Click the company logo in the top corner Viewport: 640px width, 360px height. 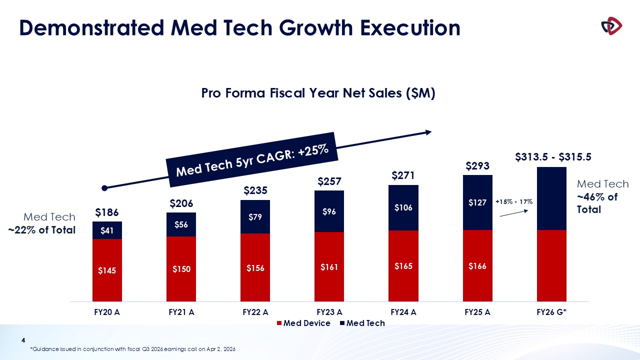click(x=611, y=26)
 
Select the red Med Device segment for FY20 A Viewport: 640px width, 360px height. click(x=107, y=270)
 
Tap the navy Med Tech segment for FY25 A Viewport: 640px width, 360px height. click(x=477, y=202)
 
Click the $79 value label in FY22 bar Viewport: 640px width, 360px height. click(x=255, y=217)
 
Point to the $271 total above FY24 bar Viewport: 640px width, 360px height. click(x=403, y=175)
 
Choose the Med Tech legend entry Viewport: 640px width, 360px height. click(x=365, y=323)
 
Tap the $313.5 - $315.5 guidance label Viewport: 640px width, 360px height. click(x=553, y=157)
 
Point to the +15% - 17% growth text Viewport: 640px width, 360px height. click(x=514, y=202)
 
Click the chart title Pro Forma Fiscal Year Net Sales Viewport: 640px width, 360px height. click(x=318, y=93)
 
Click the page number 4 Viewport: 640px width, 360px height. click(x=23, y=340)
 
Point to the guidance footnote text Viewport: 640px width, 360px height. click(x=133, y=348)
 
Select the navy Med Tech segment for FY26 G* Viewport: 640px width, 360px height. click(x=551, y=198)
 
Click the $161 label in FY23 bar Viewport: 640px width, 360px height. click(x=329, y=267)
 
